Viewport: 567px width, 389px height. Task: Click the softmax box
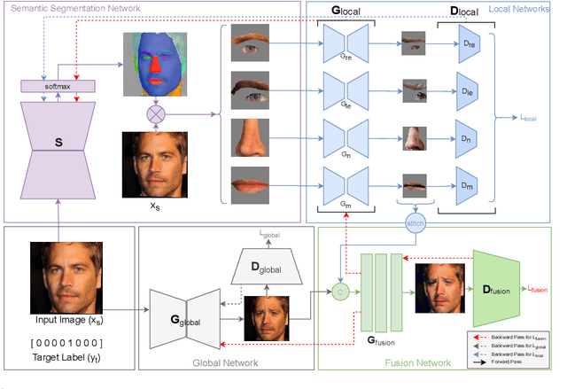[58, 86]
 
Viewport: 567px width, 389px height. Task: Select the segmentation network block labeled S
[58, 141]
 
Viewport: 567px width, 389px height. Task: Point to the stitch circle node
[415, 224]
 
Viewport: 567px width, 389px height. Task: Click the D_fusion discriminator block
[501, 288]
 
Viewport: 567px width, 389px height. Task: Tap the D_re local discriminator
[470, 43]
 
